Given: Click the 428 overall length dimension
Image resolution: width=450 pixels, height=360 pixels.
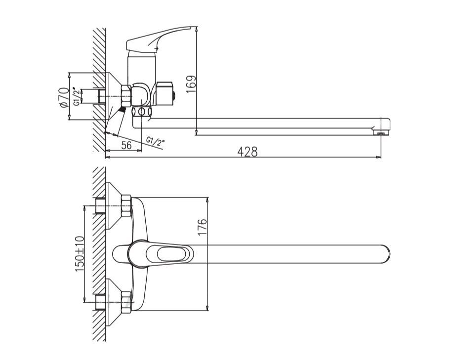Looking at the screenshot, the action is [247, 152].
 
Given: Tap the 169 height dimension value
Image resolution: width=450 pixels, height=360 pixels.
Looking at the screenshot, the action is [191, 84].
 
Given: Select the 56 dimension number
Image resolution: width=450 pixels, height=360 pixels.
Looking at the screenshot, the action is [126, 146].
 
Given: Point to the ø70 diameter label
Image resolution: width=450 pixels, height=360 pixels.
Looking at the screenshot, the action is [64, 97].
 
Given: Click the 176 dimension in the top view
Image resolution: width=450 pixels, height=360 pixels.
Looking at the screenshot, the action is [203, 227].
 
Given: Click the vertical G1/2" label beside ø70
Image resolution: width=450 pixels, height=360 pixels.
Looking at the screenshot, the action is [77, 96].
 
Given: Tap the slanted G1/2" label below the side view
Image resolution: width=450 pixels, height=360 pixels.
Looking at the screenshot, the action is [155, 141].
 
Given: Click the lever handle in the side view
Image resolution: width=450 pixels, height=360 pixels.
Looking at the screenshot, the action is [159, 40].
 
